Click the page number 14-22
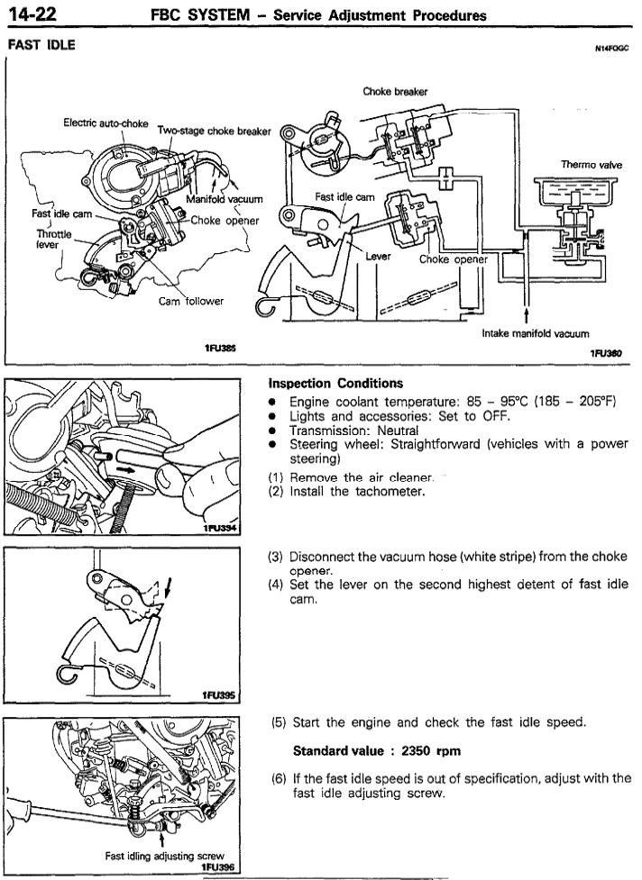pyautogui.click(x=29, y=14)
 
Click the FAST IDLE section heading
pyautogui.click(x=41, y=44)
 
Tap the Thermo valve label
pyautogui.click(x=587, y=165)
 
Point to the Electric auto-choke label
pyautogui.click(x=105, y=122)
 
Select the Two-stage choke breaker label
pyautogui.click(x=214, y=131)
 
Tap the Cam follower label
pyautogui.click(x=190, y=301)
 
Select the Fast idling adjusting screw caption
pyautogui.click(x=164, y=856)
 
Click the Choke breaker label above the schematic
pyautogui.click(x=395, y=91)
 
